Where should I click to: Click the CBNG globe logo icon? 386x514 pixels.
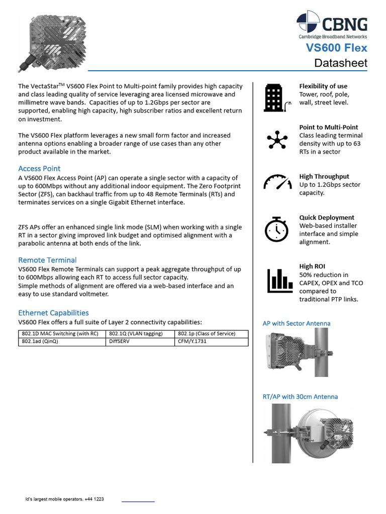coord(308,23)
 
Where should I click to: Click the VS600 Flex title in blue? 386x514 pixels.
coord(337,48)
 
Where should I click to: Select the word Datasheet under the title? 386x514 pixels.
coord(340,63)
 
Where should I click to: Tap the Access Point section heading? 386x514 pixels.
coord(39,169)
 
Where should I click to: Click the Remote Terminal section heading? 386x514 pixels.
coord(47,260)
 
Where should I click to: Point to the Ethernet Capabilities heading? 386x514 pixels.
coord(53,313)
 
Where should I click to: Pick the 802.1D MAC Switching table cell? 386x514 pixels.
coord(62,334)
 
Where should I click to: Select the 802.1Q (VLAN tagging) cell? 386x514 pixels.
coord(140,334)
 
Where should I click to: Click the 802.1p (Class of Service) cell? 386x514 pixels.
coord(212,334)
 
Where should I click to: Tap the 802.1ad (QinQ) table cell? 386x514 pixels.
coord(62,342)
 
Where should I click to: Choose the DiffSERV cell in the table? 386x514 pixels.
coord(140,342)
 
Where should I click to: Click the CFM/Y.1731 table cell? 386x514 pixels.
coord(212,342)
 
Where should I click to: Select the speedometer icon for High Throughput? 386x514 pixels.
coord(277,182)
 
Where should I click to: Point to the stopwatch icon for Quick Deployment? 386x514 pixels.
coord(276,229)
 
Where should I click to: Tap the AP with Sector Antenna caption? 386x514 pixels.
coord(297,323)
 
